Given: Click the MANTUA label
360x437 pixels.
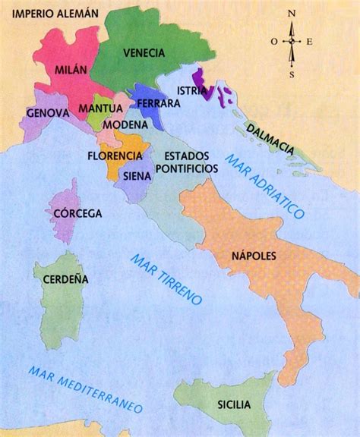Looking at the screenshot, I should pos(100,108).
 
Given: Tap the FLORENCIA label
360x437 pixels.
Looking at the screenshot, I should pos(115,155).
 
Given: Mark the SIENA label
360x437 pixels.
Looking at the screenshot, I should pos(137,175).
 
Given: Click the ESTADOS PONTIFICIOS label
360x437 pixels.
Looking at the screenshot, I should pos(182,161).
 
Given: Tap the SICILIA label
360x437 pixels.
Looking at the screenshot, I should pos(232,404).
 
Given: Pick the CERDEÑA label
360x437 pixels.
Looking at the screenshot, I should pos(65,278).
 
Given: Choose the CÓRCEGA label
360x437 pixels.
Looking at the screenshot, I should pos(77,213).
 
